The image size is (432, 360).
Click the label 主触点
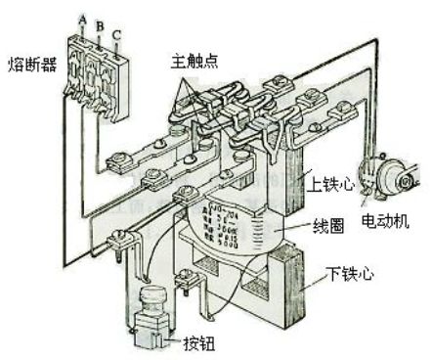[194, 62]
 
